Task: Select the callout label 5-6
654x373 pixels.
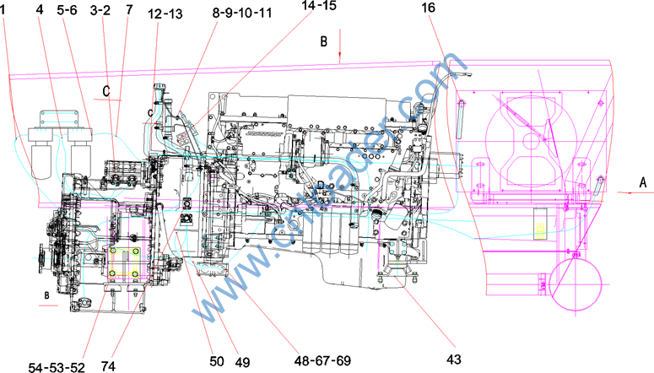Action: [67, 11]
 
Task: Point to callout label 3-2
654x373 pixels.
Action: [100, 11]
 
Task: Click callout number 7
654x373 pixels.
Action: [127, 11]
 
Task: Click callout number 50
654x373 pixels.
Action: [217, 360]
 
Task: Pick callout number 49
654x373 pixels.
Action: [242, 362]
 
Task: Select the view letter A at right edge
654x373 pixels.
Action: [643, 182]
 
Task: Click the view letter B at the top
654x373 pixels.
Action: [322, 40]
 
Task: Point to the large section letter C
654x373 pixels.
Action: [107, 90]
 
